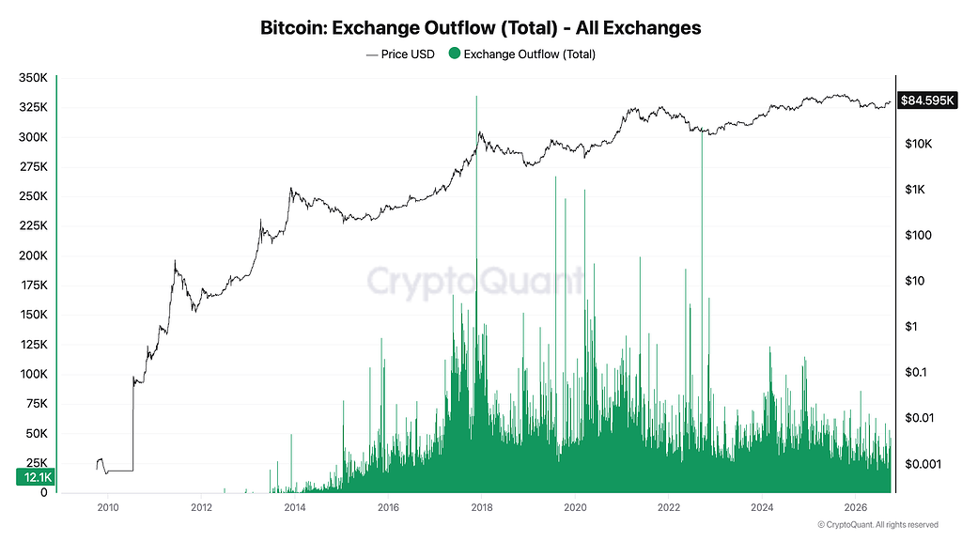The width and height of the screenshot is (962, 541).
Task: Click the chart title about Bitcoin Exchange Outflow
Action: pyautogui.click(x=480, y=27)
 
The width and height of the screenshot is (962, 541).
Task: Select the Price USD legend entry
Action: pyautogui.click(x=400, y=54)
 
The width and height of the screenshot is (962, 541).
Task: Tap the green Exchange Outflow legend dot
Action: pyautogui.click(x=455, y=54)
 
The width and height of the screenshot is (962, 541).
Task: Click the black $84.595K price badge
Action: pyautogui.click(x=927, y=100)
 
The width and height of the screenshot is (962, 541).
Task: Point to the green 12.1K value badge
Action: pyautogui.click(x=36, y=477)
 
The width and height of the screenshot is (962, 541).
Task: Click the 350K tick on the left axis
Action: pyautogui.click(x=33, y=78)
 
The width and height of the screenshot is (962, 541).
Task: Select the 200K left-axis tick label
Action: pyautogui.click(x=33, y=255)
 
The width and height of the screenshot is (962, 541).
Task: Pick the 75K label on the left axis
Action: pyautogui.click(x=37, y=404)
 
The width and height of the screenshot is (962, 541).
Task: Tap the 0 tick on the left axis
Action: pyautogui.click(x=43, y=492)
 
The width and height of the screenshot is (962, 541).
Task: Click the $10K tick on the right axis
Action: pyautogui.click(x=919, y=144)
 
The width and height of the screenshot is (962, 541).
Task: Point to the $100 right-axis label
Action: pyautogui.click(x=919, y=235)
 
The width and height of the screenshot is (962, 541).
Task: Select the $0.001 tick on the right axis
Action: pyautogui.click(x=923, y=464)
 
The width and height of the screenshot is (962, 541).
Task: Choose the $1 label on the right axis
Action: pyautogui.click(x=911, y=326)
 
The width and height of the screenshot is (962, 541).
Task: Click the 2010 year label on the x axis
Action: pyautogui.click(x=108, y=507)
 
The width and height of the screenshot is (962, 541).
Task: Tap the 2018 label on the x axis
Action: pyautogui.click(x=482, y=507)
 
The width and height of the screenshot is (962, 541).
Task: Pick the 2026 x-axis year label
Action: pyautogui.click(x=856, y=507)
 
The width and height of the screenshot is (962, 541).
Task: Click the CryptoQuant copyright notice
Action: pyautogui.click(x=878, y=525)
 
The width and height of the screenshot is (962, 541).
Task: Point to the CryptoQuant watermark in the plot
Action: pyautogui.click(x=474, y=282)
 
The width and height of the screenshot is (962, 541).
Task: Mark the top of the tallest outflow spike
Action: pyautogui.click(x=476, y=97)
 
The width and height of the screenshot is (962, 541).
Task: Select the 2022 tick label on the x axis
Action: pyautogui.click(x=669, y=507)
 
